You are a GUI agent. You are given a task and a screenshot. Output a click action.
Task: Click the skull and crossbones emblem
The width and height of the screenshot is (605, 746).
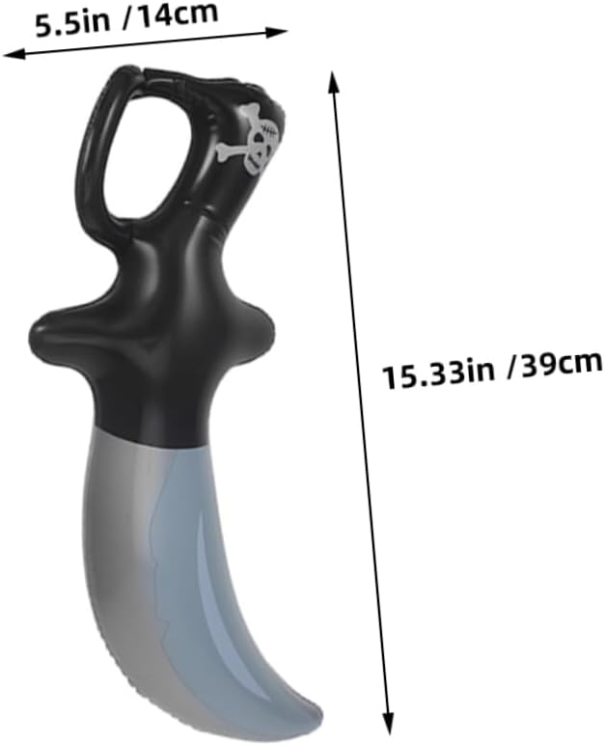252,137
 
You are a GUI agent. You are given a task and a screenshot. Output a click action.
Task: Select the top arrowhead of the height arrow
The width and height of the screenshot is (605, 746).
334,82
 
